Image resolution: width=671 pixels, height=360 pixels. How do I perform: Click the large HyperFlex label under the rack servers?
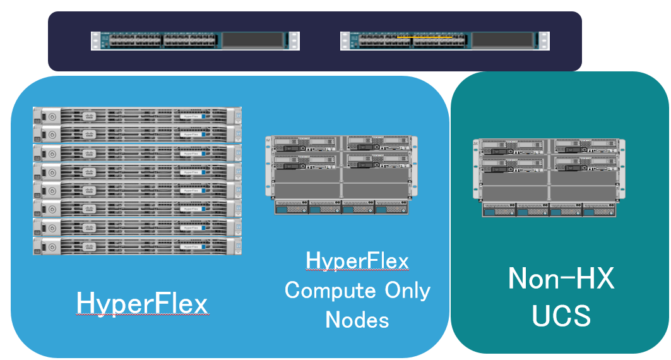tap(141, 304)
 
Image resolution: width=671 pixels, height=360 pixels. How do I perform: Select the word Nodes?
tap(357, 320)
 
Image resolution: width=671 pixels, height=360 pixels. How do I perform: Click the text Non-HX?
tap(561, 279)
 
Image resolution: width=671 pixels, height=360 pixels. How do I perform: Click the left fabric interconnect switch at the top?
tap(195, 41)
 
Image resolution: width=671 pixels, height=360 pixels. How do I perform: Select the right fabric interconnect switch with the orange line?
tap(444, 41)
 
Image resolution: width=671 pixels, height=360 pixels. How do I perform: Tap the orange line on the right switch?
tap(425, 37)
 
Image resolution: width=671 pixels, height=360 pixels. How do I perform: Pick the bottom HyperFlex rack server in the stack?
tap(137, 246)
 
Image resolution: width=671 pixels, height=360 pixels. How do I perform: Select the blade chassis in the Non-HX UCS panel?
tap(549, 178)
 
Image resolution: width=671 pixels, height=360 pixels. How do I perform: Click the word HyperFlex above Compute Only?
tap(357, 260)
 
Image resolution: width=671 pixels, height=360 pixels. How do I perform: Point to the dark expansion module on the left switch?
tap(253, 41)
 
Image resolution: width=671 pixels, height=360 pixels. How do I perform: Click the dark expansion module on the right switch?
tap(502, 41)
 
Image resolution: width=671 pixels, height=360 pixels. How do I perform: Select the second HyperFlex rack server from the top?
tap(137, 135)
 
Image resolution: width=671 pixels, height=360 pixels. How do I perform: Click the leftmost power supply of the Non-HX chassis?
tap(499, 210)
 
